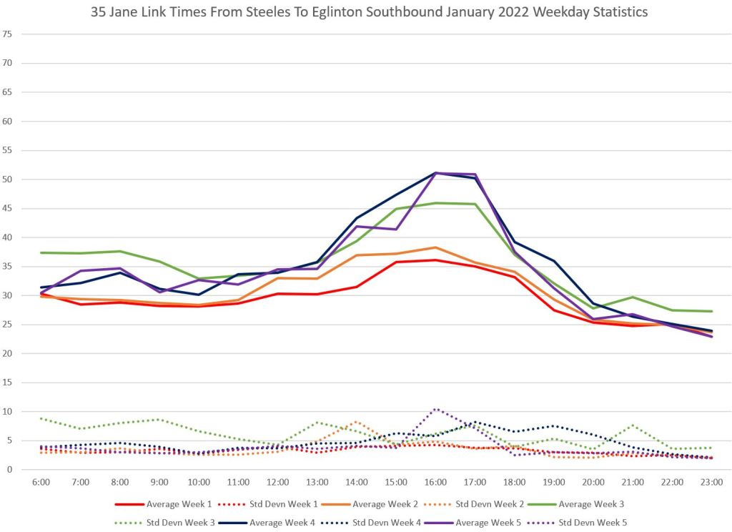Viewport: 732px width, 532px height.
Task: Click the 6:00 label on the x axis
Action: pos(41,483)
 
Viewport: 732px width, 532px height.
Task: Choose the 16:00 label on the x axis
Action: pos(435,483)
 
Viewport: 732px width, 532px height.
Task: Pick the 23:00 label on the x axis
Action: pos(711,483)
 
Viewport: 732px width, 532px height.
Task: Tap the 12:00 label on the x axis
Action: pos(277,483)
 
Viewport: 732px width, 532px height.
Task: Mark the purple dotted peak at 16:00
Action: pos(435,409)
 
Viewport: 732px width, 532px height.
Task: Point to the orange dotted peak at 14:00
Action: pos(356,421)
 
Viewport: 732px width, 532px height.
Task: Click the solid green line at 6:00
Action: pos(41,252)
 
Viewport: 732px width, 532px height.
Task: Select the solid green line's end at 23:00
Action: pos(711,311)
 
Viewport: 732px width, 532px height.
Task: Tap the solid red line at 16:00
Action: pos(435,260)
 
